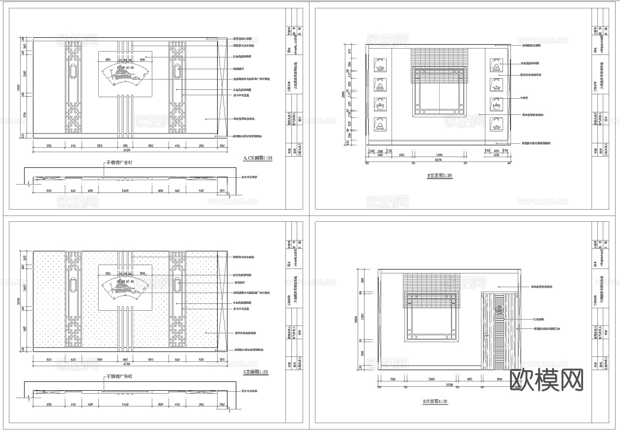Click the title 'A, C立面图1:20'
(x=258, y=159)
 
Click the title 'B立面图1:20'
(x=440, y=175)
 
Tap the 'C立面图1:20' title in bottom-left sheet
(x=255, y=372)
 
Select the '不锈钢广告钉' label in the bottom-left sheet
(x=119, y=377)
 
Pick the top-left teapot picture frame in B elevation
(x=379, y=65)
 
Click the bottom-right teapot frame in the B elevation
(x=496, y=124)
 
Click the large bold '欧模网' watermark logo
(x=547, y=379)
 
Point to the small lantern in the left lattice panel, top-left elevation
(x=73, y=71)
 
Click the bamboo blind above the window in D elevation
(x=430, y=290)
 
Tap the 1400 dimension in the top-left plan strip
(x=125, y=190)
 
